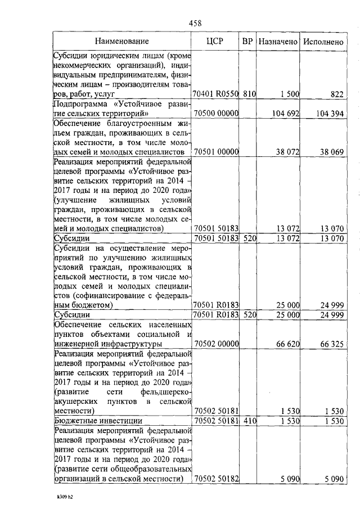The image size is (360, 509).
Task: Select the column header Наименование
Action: pyautogui.click(x=122, y=41)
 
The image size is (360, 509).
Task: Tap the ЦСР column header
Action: pyautogui.click(x=216, y=41)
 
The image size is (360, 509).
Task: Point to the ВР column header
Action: pyautogui.click(x=247, y=41)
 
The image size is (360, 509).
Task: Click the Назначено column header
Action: pyautogui.click(x=278, y=41)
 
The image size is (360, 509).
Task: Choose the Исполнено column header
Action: pyautogui.click(x=323, y=41)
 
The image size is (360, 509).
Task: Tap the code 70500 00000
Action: pyautogui.click(x=216, y=114)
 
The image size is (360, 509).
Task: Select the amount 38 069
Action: pyautogui.click(x=332, y=152)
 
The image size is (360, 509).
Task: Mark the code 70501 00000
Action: pyautogui.click(x=216, y=152)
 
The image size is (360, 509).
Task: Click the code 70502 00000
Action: pyautogui.click(x=216, y=343)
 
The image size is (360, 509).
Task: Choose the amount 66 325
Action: pyautogui.click(x=332, y=343)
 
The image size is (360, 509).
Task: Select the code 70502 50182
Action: pyautogui.click(x=216, y=479)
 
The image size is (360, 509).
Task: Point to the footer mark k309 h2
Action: pyautogui.click(x=58, y=497)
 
